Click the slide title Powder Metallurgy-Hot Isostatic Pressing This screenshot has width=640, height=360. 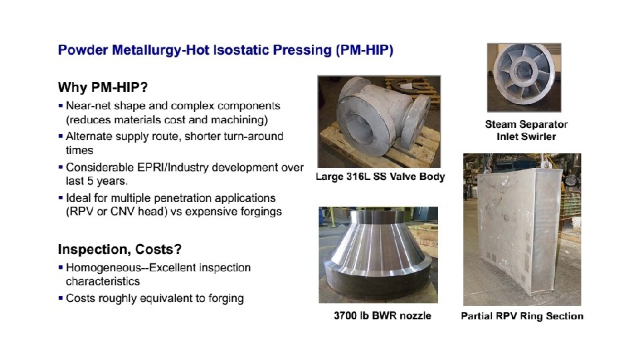[x=225, y=50]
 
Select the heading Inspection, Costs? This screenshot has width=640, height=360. [x=120, y=249]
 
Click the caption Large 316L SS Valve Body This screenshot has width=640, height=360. [x=380, y=177]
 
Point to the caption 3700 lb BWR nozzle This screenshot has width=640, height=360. [x=382, y=315]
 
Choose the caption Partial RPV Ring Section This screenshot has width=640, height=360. [x=522, y=316]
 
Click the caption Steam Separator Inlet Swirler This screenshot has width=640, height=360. [x=526, y=130]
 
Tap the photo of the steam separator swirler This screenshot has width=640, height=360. [x=523, y=79]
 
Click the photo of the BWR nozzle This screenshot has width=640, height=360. [x=378, y=255]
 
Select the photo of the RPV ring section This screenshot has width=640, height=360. [x=521, y=230]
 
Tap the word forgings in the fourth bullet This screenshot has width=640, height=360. [x=259, y=211]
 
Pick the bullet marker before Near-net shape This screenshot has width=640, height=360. [x=61, y=105]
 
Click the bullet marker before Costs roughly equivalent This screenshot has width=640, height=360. [x=61, y=298]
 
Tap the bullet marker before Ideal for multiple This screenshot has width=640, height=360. [x=61, y=198]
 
